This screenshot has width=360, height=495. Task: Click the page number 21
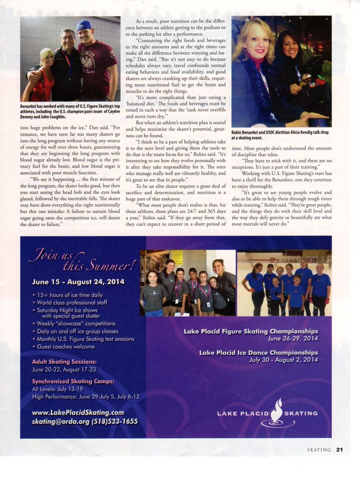click(340, 450)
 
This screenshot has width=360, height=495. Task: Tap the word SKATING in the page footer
click(319, 450)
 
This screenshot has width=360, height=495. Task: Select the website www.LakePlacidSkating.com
click(78, 412)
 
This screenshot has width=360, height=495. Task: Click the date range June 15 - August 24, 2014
click(78, 282)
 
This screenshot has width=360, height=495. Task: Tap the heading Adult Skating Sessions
click(64, 362)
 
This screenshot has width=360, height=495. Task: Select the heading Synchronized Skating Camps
click(73, 382)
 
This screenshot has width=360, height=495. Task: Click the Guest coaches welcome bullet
click(65, 347)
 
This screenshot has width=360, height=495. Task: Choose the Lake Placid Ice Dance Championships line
click(258, 352)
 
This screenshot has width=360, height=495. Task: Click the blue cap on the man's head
click(85, 25)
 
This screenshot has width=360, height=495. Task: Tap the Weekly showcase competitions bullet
click(76, 324)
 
